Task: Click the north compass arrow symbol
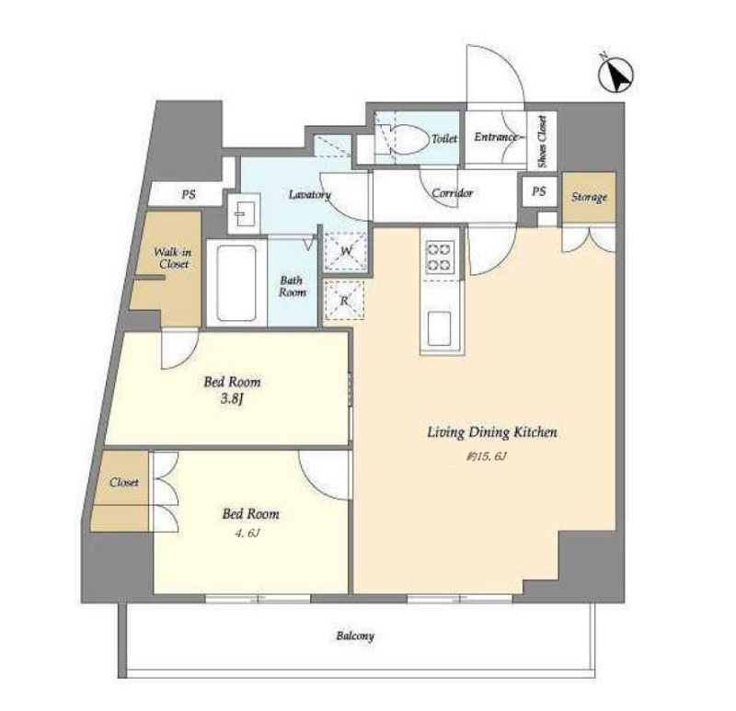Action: point(616,75)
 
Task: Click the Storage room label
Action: point(589,197)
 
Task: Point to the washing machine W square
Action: point(346,251)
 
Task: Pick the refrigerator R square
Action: point(344,301)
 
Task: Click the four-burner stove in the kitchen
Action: point(440,257)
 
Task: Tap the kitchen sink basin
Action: point(440,327)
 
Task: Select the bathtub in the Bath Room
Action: point(236,283)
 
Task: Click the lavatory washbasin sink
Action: point(244,213)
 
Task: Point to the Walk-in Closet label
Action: point(173,258)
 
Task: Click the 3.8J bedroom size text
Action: point(233,400)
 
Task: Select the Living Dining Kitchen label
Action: point(492,432)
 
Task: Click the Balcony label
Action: point(355,636)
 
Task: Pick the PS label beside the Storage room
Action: point(539,191)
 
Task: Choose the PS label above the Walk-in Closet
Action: point(189,194)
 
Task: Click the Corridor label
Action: point(452,193)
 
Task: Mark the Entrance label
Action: point(495,137)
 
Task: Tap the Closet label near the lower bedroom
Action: point(124,483)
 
